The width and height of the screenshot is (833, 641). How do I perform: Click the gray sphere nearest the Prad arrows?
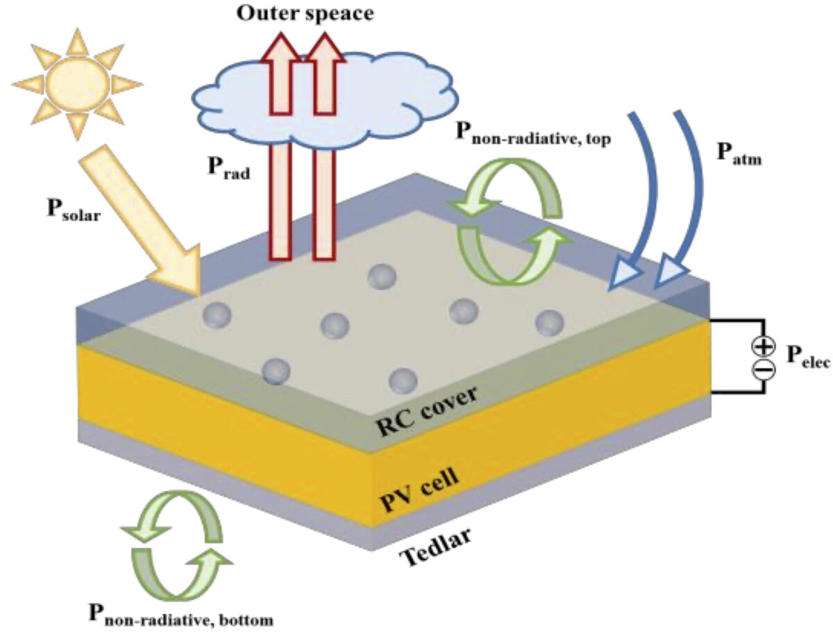pyautogui.click(x=381, y=276)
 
